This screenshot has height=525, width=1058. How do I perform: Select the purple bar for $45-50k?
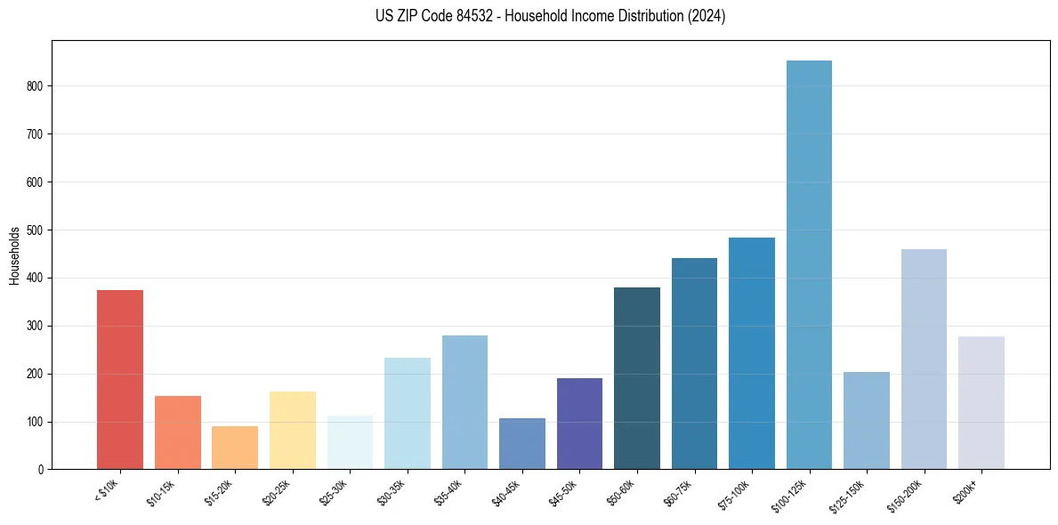[579, 424]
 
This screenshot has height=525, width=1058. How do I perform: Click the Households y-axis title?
[14, 254]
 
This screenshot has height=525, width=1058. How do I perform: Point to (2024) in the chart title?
[707, 16]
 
